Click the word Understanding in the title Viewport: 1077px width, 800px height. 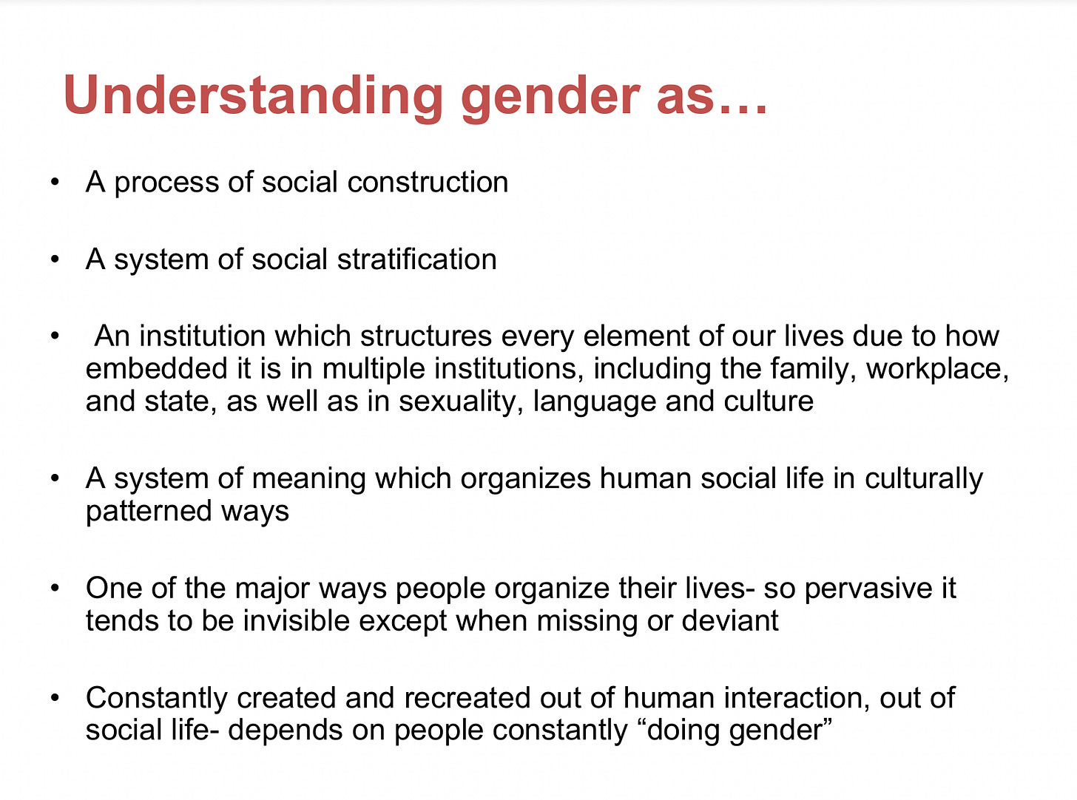pos(253,96)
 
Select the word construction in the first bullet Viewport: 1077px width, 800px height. pos(428,182)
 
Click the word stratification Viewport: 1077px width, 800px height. pos(417,260)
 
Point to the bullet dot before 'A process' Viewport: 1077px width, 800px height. pos(55,182)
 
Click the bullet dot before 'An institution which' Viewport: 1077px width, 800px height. pos(55,336)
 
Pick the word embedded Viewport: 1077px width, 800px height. pos(156,368)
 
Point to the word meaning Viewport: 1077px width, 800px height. pos(309,479)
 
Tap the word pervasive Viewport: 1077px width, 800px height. pos(868,589)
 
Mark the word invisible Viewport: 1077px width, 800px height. pos(296,621)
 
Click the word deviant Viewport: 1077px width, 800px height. pos(730,621)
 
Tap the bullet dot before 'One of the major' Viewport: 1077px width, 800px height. pos(55,588)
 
